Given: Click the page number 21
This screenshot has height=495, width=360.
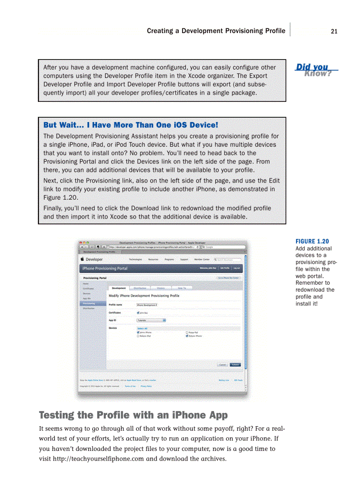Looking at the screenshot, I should (x=334, y=31).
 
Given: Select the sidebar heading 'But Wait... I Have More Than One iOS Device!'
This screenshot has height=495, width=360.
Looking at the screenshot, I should (x=131, y=125).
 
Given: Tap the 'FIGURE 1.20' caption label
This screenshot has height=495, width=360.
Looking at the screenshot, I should (x=312, y=241).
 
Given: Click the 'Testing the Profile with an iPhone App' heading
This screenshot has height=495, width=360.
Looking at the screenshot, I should (x=133, y=415).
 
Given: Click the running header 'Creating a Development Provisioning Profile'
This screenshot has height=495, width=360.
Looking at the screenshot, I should (x=216, y=31).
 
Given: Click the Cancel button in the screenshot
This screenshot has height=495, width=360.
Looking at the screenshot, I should (x=223, y=365).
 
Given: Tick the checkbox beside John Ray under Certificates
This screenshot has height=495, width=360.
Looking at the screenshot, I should (x=139, y=313).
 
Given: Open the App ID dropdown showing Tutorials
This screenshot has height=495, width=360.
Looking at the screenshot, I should (x=151, y=320).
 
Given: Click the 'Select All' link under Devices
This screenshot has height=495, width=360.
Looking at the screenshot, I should (x=142, y=328).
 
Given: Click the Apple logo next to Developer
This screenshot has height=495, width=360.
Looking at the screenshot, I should (x=82, y=260).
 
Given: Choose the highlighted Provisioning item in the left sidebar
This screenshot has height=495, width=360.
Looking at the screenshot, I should (x=89, y=303).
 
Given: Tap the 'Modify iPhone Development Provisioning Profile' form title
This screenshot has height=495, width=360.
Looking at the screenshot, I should (x=144, y=296).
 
